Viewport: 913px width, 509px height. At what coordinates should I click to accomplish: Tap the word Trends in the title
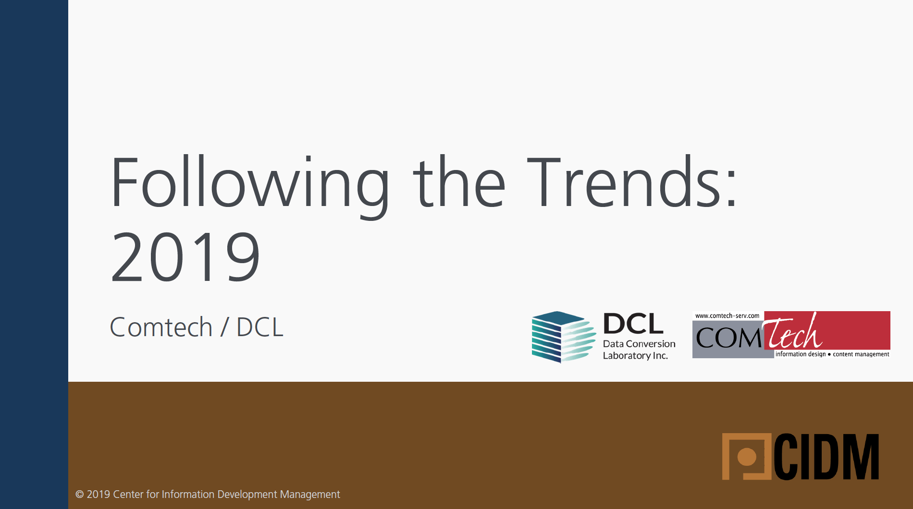(x=625, y=182)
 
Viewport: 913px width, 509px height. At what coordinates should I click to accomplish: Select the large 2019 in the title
(x=185, y=257)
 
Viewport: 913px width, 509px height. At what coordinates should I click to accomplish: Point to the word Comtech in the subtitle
(x=161, y=327)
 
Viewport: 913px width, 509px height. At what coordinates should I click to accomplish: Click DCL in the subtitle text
(x=260, y=327)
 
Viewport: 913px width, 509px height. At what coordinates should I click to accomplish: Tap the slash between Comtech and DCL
(x=224, y=327)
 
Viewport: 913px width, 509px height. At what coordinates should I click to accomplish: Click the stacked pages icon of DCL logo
(x=563, y=337)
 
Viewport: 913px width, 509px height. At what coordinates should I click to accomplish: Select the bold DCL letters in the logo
(x=633, y=324)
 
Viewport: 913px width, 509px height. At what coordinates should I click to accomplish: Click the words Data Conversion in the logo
(x=639, y=344)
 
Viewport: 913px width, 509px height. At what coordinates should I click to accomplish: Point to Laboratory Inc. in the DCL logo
(x=635, y=356)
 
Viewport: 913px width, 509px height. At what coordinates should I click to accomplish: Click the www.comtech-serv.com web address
(x=727, y=315)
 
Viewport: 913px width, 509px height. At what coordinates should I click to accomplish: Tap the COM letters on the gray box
(x=728, y=338)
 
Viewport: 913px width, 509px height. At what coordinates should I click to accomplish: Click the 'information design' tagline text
(x=801, y=354)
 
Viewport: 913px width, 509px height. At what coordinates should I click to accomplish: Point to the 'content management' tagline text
(x=861, y=354)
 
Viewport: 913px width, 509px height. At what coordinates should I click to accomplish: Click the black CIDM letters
(x=827, y=457)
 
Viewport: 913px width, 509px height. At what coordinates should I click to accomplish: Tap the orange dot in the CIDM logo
(x=747, y=457)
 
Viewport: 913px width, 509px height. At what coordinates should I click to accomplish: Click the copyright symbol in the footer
(x=80, y=494)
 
